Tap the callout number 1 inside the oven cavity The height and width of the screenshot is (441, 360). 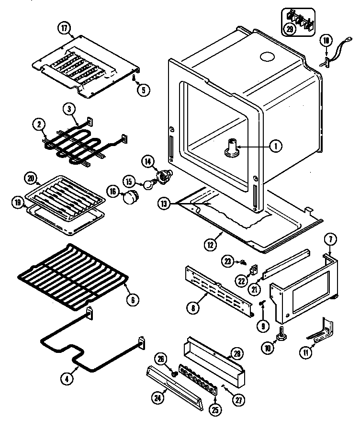coord(275,147)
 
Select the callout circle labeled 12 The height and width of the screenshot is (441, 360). coord(210,245)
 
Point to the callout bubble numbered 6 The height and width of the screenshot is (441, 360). coord(133,300)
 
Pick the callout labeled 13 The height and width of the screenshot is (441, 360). coord(164,204)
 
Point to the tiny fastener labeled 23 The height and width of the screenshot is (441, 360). coord(243,261)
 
